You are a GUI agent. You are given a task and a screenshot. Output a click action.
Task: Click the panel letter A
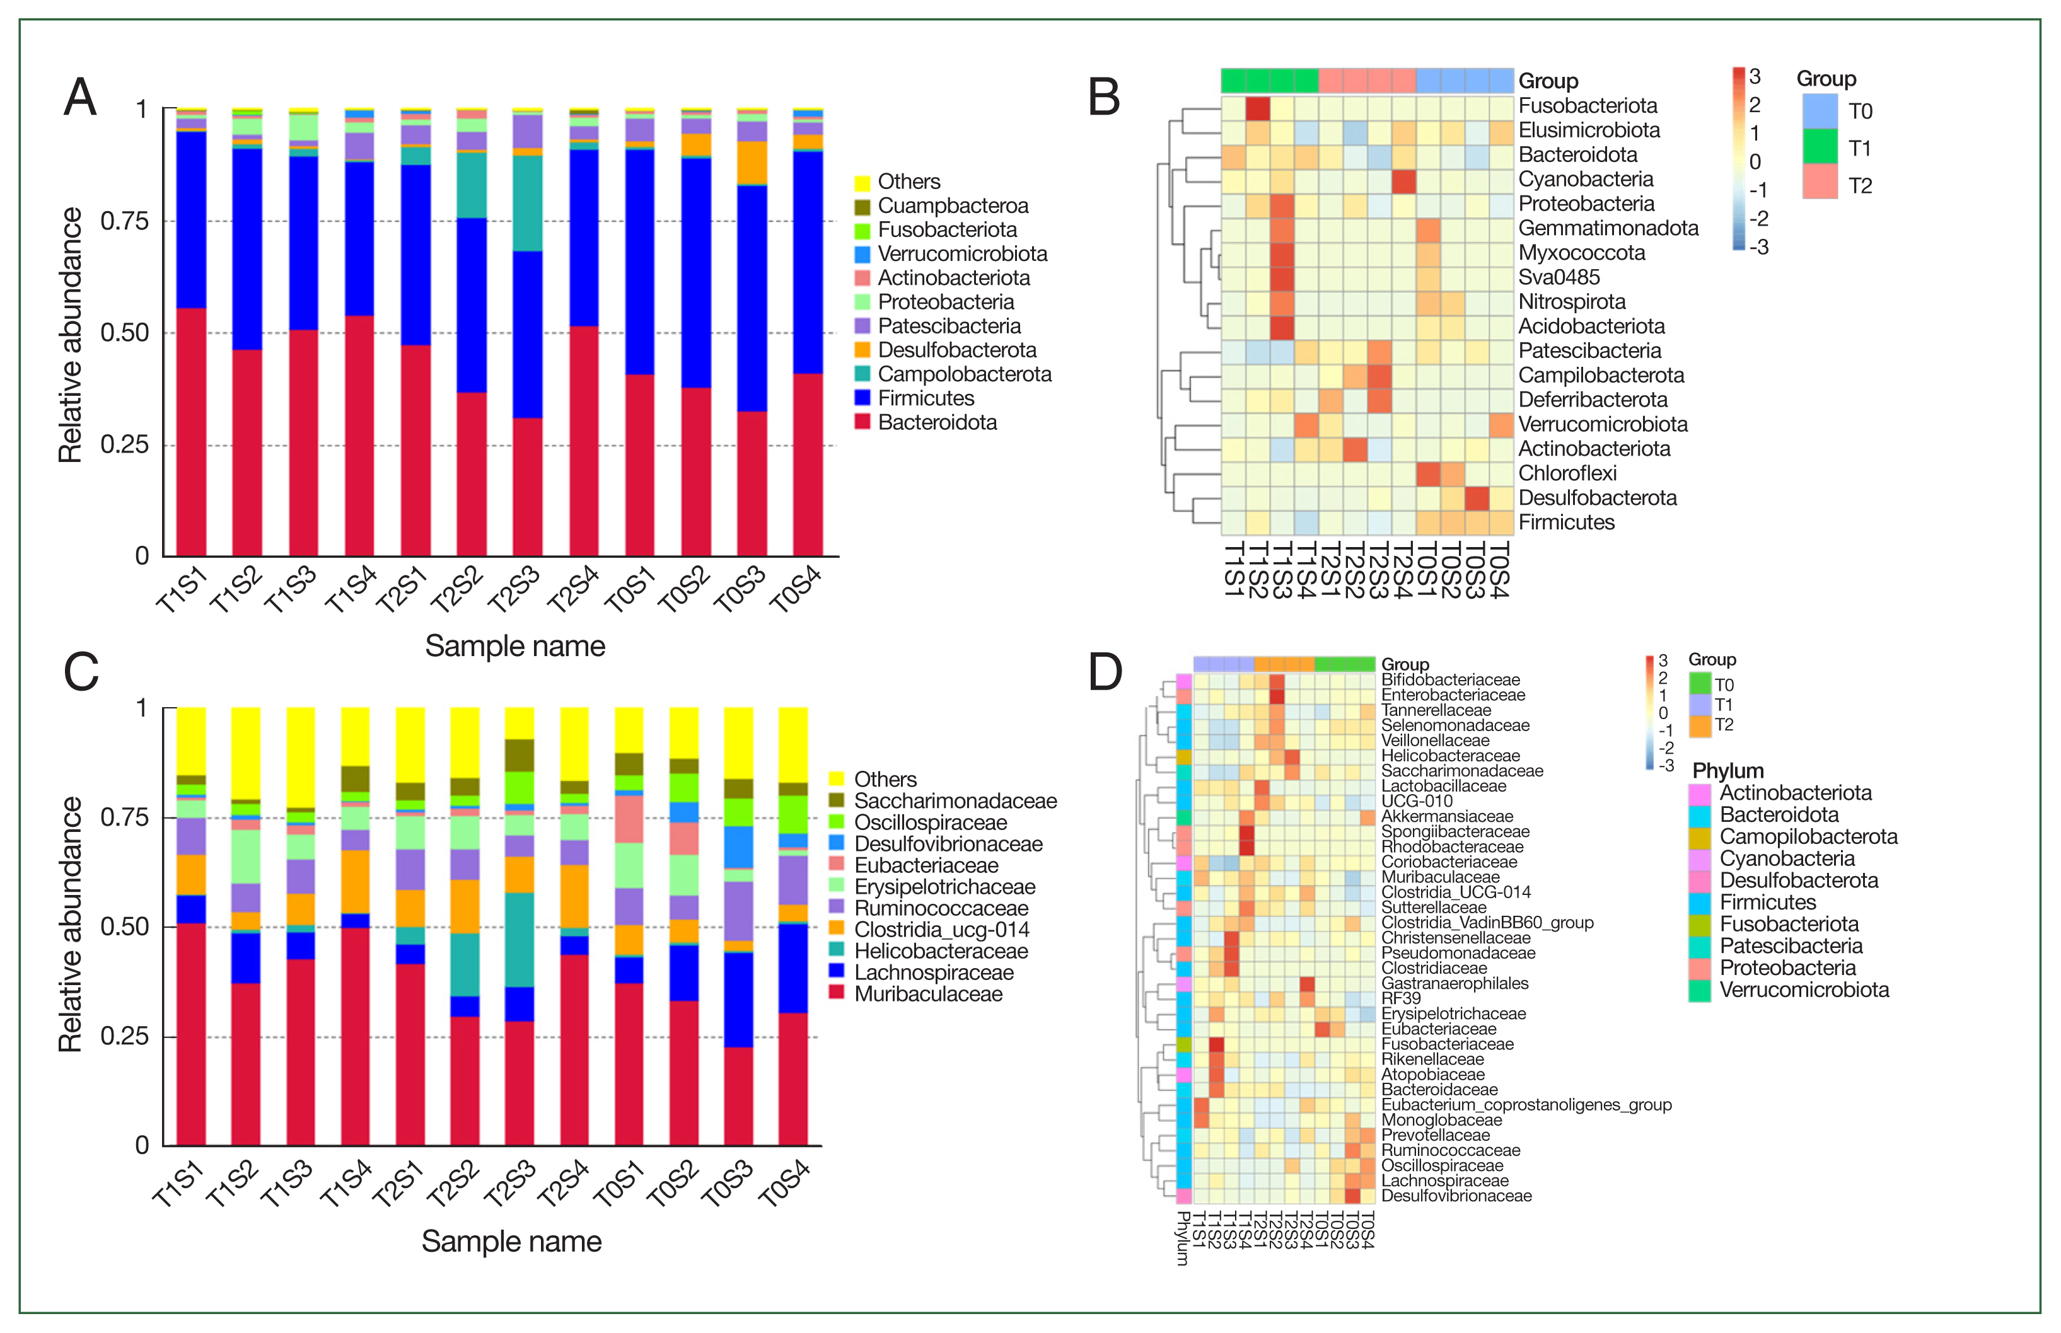[x=81, y=97]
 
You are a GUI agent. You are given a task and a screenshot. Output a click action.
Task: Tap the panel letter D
[x=1105, y=672]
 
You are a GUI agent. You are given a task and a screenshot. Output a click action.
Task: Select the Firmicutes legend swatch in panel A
[x=862, y=398]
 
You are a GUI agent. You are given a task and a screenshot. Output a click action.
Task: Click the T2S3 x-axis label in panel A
[x=513, y=589]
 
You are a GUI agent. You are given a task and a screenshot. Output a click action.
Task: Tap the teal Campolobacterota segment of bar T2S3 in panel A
[x=528, y=204]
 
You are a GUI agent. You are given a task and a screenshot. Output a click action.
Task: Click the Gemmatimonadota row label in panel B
[x=1608, y=229]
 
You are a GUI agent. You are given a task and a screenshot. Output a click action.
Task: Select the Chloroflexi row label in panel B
[x=1567, y=473]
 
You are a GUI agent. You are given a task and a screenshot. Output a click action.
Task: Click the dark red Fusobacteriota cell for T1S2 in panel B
[x=1258, y=109]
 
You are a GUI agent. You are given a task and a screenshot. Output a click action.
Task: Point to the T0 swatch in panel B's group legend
[x=1820, y=112]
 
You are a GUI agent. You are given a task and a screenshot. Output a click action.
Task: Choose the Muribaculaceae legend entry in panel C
[x=928, y=995]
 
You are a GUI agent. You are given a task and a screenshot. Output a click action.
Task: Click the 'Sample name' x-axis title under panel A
[x=515, y=647]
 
